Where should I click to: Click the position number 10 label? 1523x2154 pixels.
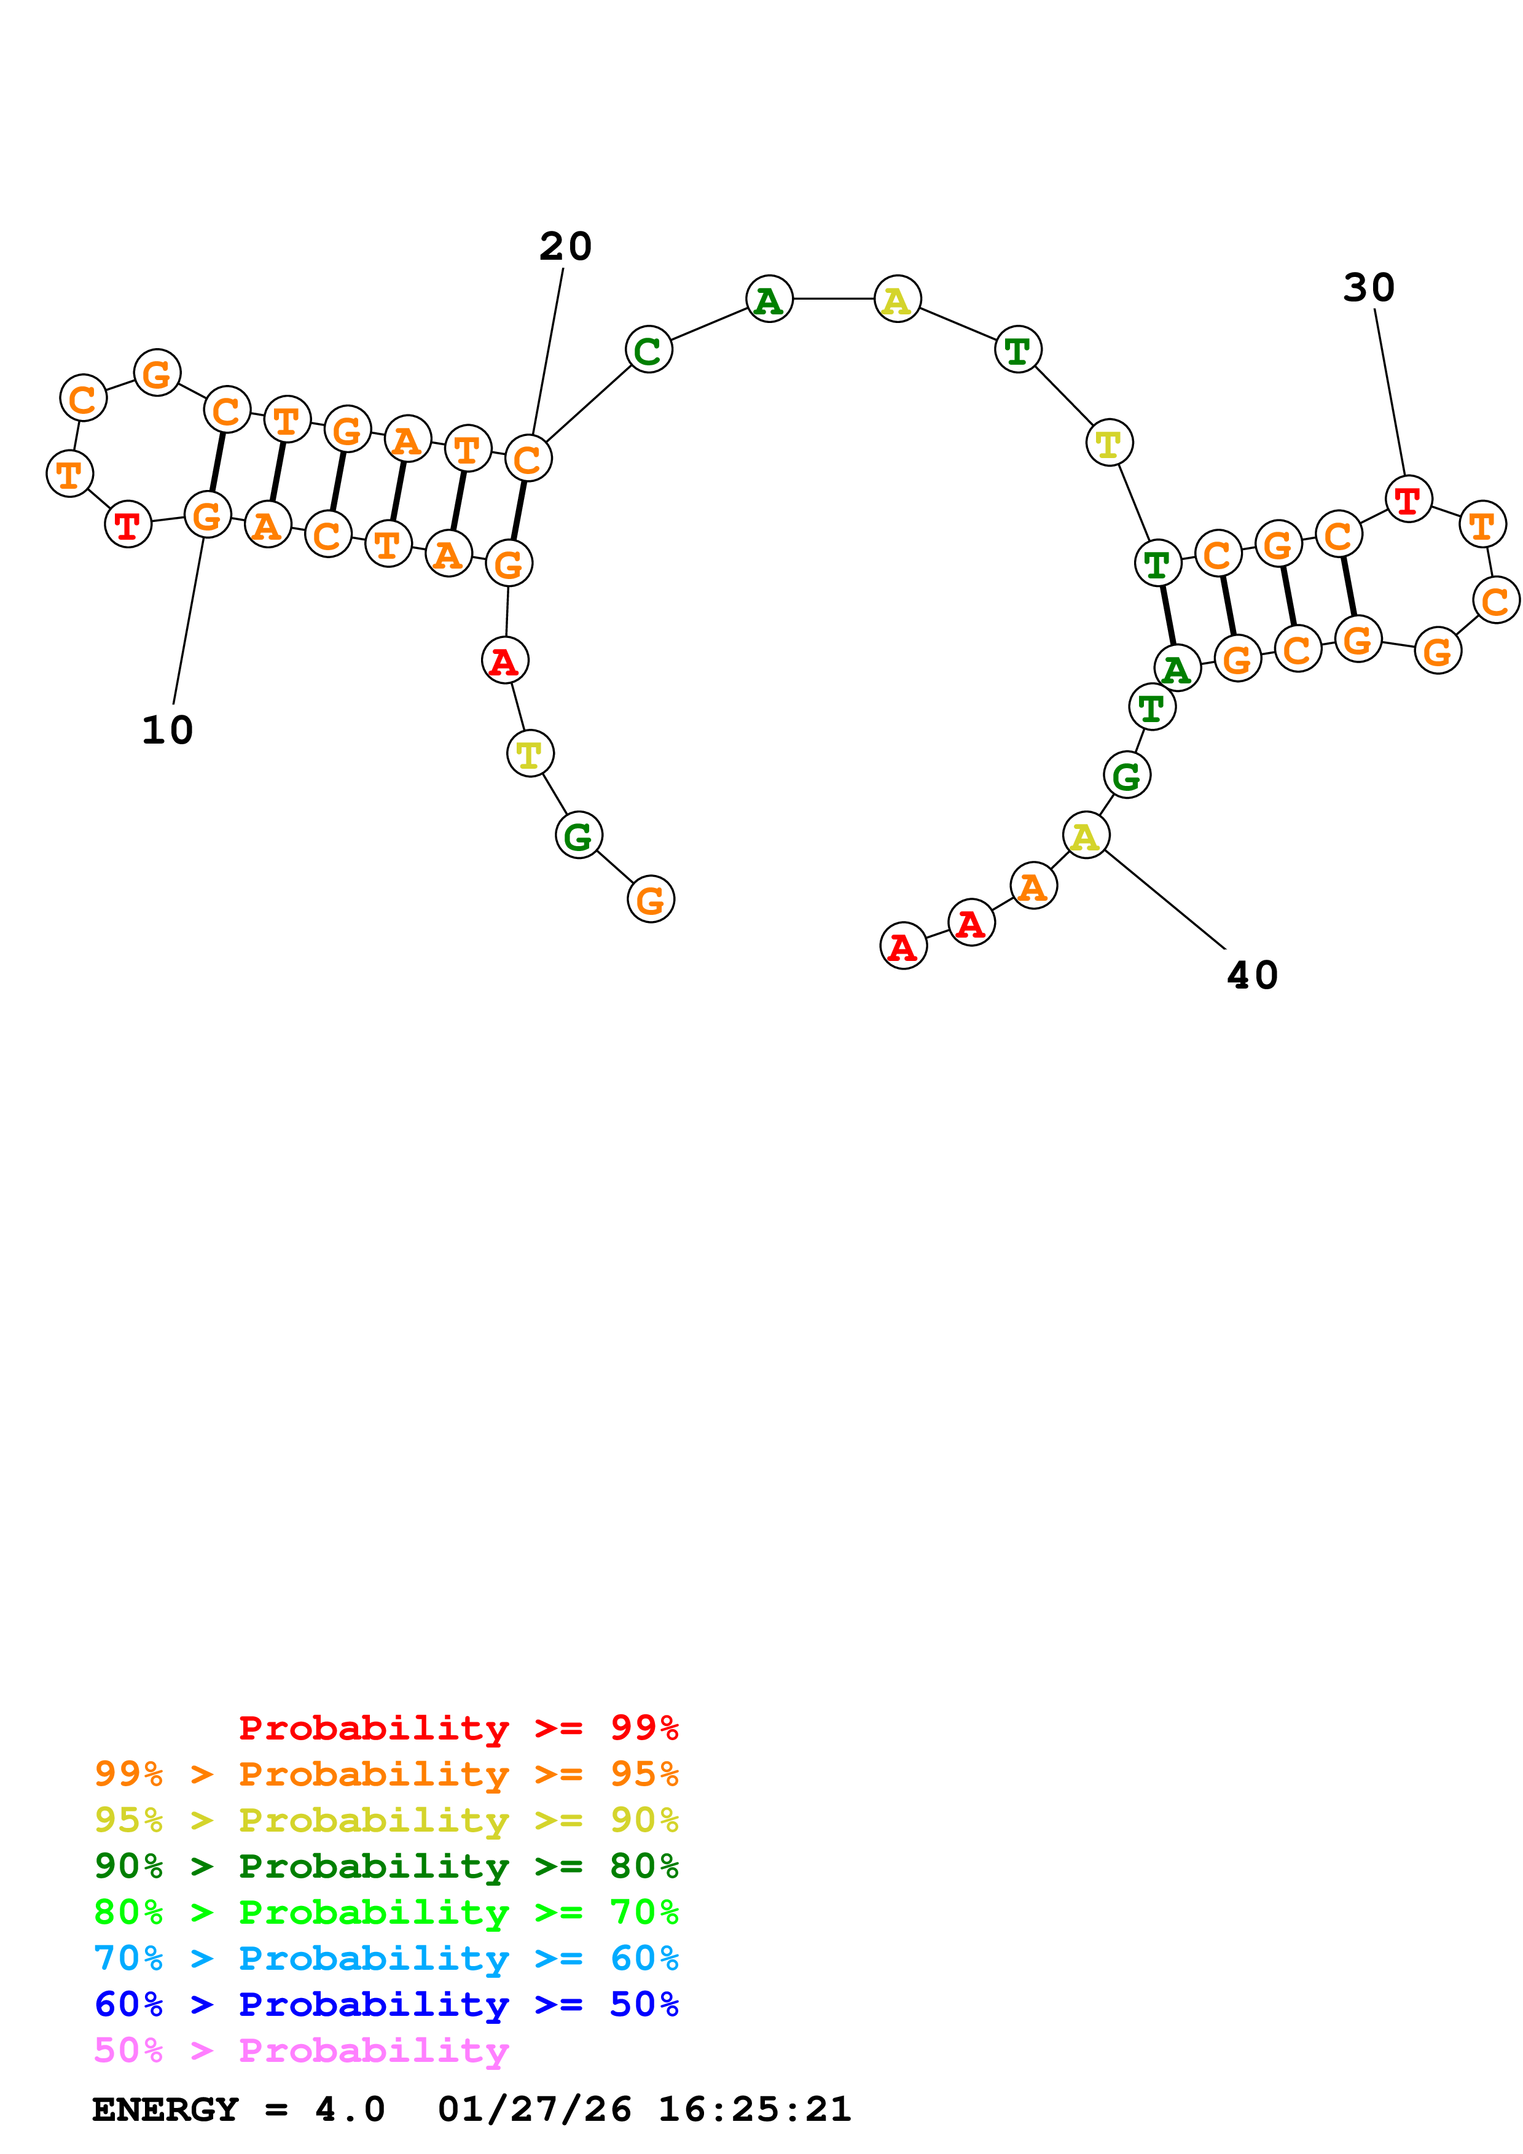(x=167, y=730)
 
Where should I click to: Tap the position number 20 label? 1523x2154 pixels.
(x=565, y=247)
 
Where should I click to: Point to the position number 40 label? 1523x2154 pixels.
(x=1252, y=976)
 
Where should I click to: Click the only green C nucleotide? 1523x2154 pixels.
(x=648, y=350)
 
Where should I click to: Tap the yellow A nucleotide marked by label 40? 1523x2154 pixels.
(x=1086, y=835)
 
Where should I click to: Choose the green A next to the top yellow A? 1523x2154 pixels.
(x=769, y=299)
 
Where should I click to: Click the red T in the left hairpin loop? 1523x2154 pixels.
(x=128, y=524)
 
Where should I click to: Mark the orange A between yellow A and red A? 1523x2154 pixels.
(x=1033, y=885)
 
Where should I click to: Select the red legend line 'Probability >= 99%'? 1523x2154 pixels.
(x=458, y=1728)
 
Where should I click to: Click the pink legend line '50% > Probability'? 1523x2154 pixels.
(x=301, y=2051)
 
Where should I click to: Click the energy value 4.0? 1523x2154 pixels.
(x=349, y=2110)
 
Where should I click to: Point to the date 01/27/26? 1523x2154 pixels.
(x=534, y=2110)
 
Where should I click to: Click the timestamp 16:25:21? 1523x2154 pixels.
(x=754, y=2110)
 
